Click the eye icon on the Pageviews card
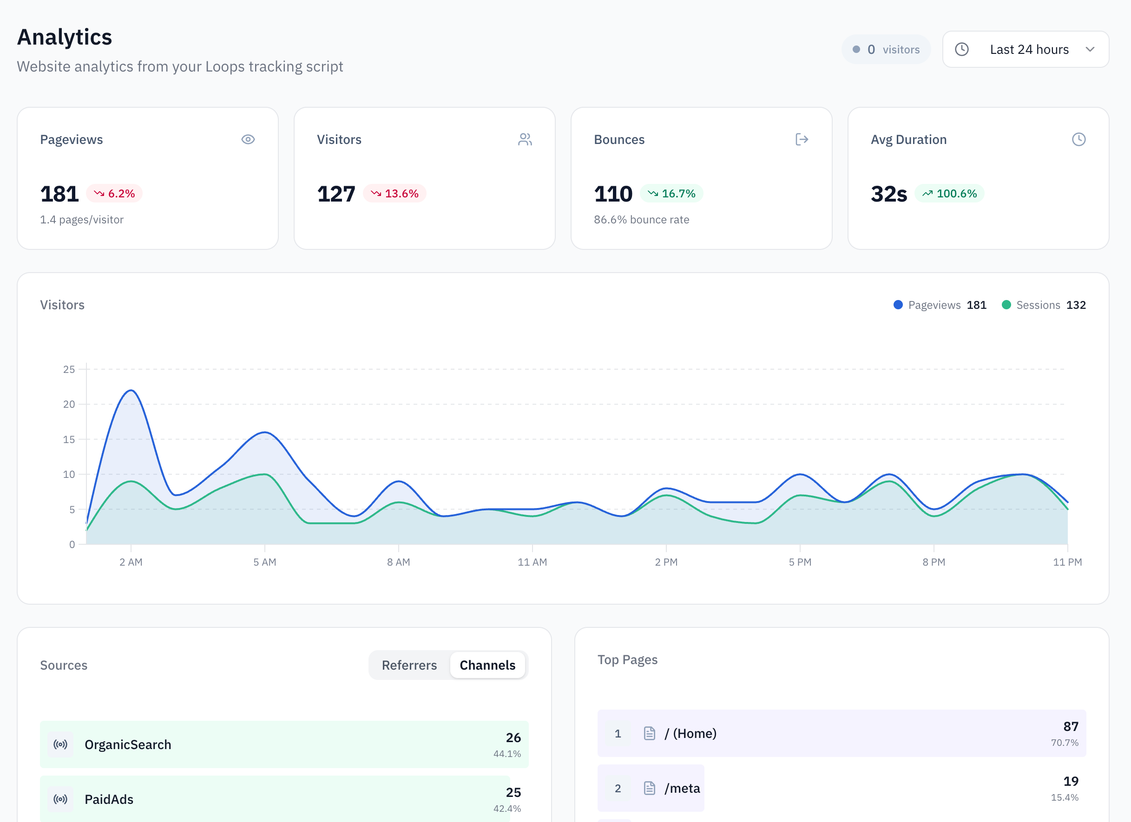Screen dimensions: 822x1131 [248, 140]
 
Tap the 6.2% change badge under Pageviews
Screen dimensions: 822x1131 [114, 193]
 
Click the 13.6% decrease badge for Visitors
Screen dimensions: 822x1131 [395, 193]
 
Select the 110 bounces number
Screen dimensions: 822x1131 [612, 194]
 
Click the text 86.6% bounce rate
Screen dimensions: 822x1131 [641, 220]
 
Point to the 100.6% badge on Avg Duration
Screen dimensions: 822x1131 [949, 193]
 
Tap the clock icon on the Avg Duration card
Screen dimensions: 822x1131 [1078, 140]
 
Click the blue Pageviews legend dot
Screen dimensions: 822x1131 [898, 305]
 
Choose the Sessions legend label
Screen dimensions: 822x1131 [1038, 305]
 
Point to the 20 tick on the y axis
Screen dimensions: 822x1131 [69, 404]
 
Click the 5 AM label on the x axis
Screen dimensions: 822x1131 [264, 562]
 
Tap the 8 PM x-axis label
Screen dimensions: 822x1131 [934, 562]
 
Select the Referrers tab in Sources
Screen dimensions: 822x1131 [409, 665]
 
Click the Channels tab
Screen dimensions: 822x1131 [487, 665]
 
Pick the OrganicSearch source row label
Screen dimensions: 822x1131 [128, 744]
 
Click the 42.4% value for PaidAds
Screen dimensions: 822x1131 [506, 809]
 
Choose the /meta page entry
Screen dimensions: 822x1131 [682, 788]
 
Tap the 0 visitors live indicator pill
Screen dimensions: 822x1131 [886, 49]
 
